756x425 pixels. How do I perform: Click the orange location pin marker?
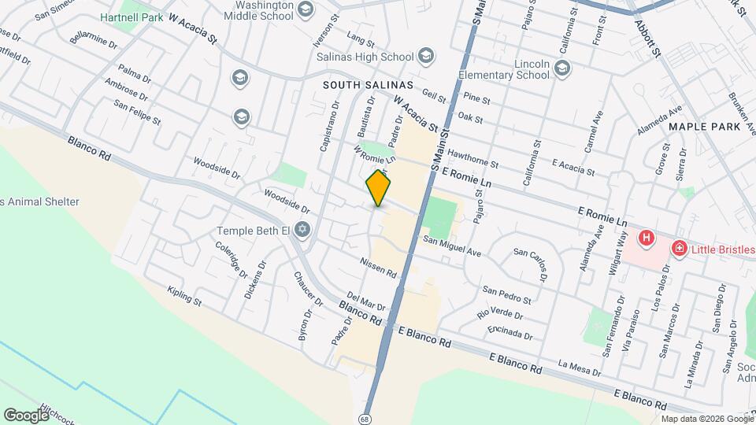click(379, 188)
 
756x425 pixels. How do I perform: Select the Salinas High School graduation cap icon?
click(426, 55)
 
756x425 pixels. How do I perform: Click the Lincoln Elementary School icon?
click(561, 69)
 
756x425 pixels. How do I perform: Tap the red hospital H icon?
click(646, 237)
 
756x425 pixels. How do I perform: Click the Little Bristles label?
click(723, 249)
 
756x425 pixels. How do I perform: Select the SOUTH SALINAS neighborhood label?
click(369, 84)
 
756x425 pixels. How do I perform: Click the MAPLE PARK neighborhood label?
click(705, 126)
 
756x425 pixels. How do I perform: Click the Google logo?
click(27, 414)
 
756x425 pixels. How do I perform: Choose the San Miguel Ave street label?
click(451, 246)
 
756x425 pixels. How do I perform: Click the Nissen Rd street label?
click(379, 267)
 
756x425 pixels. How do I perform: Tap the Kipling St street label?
click(185, 297)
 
